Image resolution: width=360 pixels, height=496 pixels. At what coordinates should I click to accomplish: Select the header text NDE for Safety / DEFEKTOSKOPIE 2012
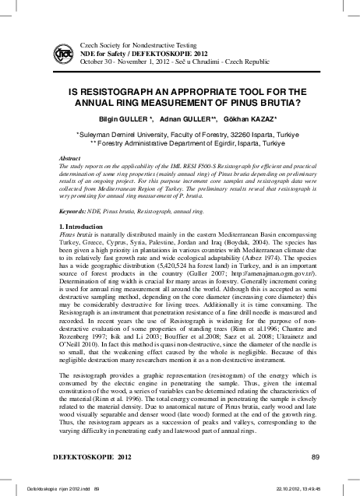[136, 55]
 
